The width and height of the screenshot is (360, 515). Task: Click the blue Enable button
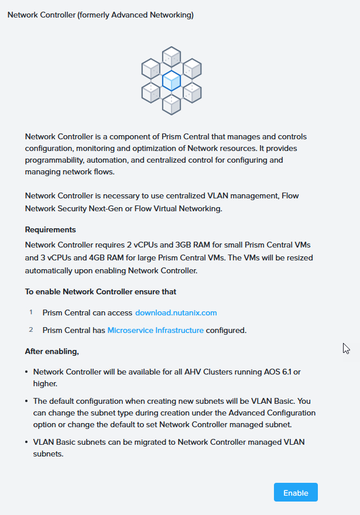click(x=296, y=493)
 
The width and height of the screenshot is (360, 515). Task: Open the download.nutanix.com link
click(x=176, y=313)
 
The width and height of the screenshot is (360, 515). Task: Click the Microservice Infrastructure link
click(x=156, y=330)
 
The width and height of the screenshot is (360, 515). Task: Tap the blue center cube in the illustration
click(x=172, y=80)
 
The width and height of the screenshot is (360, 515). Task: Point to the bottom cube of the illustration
click(x=172, y=104)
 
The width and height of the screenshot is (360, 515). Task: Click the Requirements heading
click(x=50, y=229)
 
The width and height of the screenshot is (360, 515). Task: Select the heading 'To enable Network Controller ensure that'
click(x=101, y=291)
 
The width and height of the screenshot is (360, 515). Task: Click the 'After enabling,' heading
click(x=52, y=351)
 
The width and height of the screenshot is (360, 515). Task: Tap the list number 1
click(x=31, y=313)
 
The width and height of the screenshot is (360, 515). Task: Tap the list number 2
click(x=31, y=330)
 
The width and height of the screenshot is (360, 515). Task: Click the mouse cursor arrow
click(x=345, y=348)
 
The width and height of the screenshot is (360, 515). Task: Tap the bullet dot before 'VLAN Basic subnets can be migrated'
click(x=27, y=442)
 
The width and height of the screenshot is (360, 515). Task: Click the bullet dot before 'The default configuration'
click(x=27, y=401)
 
